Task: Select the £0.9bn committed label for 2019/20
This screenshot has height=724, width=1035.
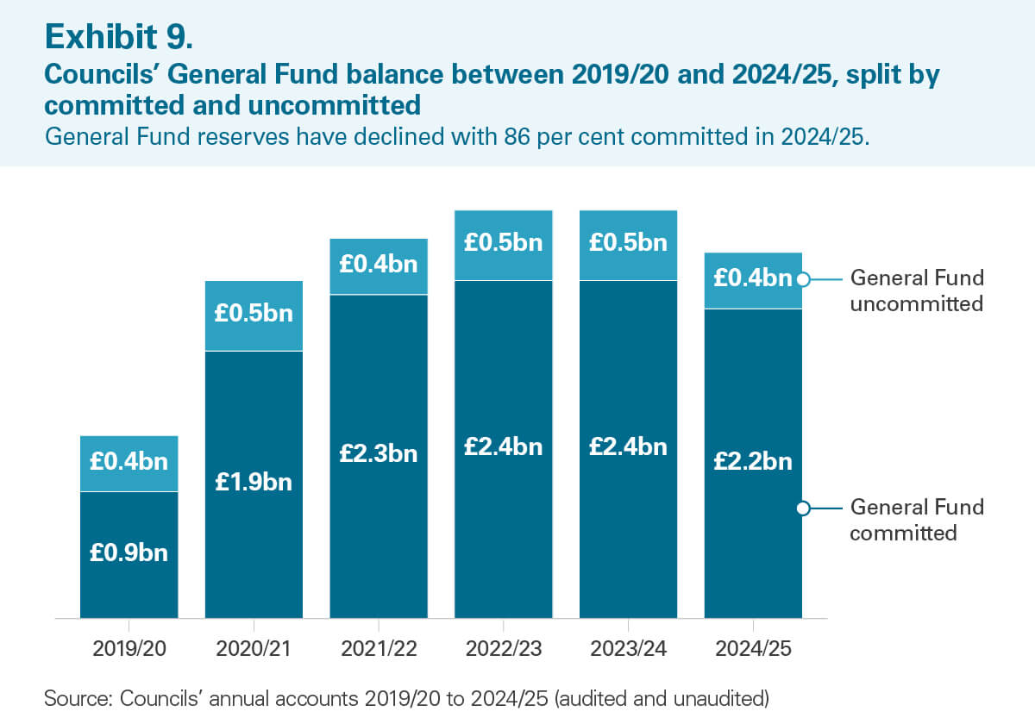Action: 129,552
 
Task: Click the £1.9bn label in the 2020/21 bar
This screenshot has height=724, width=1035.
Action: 254,482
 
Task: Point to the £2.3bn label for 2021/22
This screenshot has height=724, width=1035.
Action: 379,453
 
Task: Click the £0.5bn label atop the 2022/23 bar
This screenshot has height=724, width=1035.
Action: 504,243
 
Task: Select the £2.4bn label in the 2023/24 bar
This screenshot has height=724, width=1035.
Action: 628,446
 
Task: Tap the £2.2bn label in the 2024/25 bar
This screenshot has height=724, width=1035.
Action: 753,461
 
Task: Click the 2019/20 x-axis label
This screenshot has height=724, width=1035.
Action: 129,649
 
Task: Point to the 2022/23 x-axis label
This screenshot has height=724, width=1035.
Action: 504,649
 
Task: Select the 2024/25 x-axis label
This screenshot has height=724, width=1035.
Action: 753,649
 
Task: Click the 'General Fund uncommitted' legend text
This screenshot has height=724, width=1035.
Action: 917,290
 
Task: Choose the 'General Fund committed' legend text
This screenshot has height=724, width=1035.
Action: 917,519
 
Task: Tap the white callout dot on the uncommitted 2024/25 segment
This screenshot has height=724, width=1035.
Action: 802,278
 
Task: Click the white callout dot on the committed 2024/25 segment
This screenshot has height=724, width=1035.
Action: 802,508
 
